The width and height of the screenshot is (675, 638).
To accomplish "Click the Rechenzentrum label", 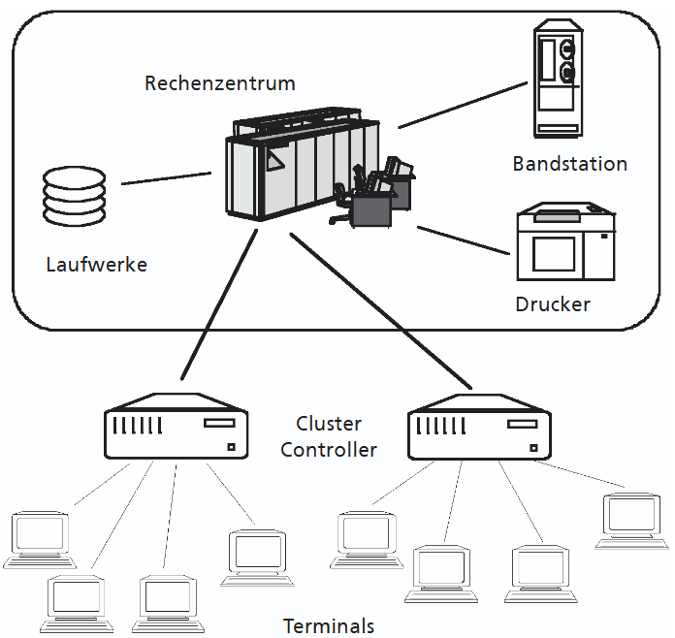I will click(220, 83).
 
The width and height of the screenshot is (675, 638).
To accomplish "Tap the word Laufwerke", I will click(97, 264).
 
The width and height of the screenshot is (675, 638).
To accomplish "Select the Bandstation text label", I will click(569, 164).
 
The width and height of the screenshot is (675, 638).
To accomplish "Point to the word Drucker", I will click(553, 304).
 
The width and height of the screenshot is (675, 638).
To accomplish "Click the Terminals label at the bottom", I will click(329, 625).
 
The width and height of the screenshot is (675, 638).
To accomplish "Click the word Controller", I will click(329, 450).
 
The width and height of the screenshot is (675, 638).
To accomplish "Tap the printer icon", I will click(564, 242).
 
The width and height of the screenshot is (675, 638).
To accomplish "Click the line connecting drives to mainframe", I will click(165, 179).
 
